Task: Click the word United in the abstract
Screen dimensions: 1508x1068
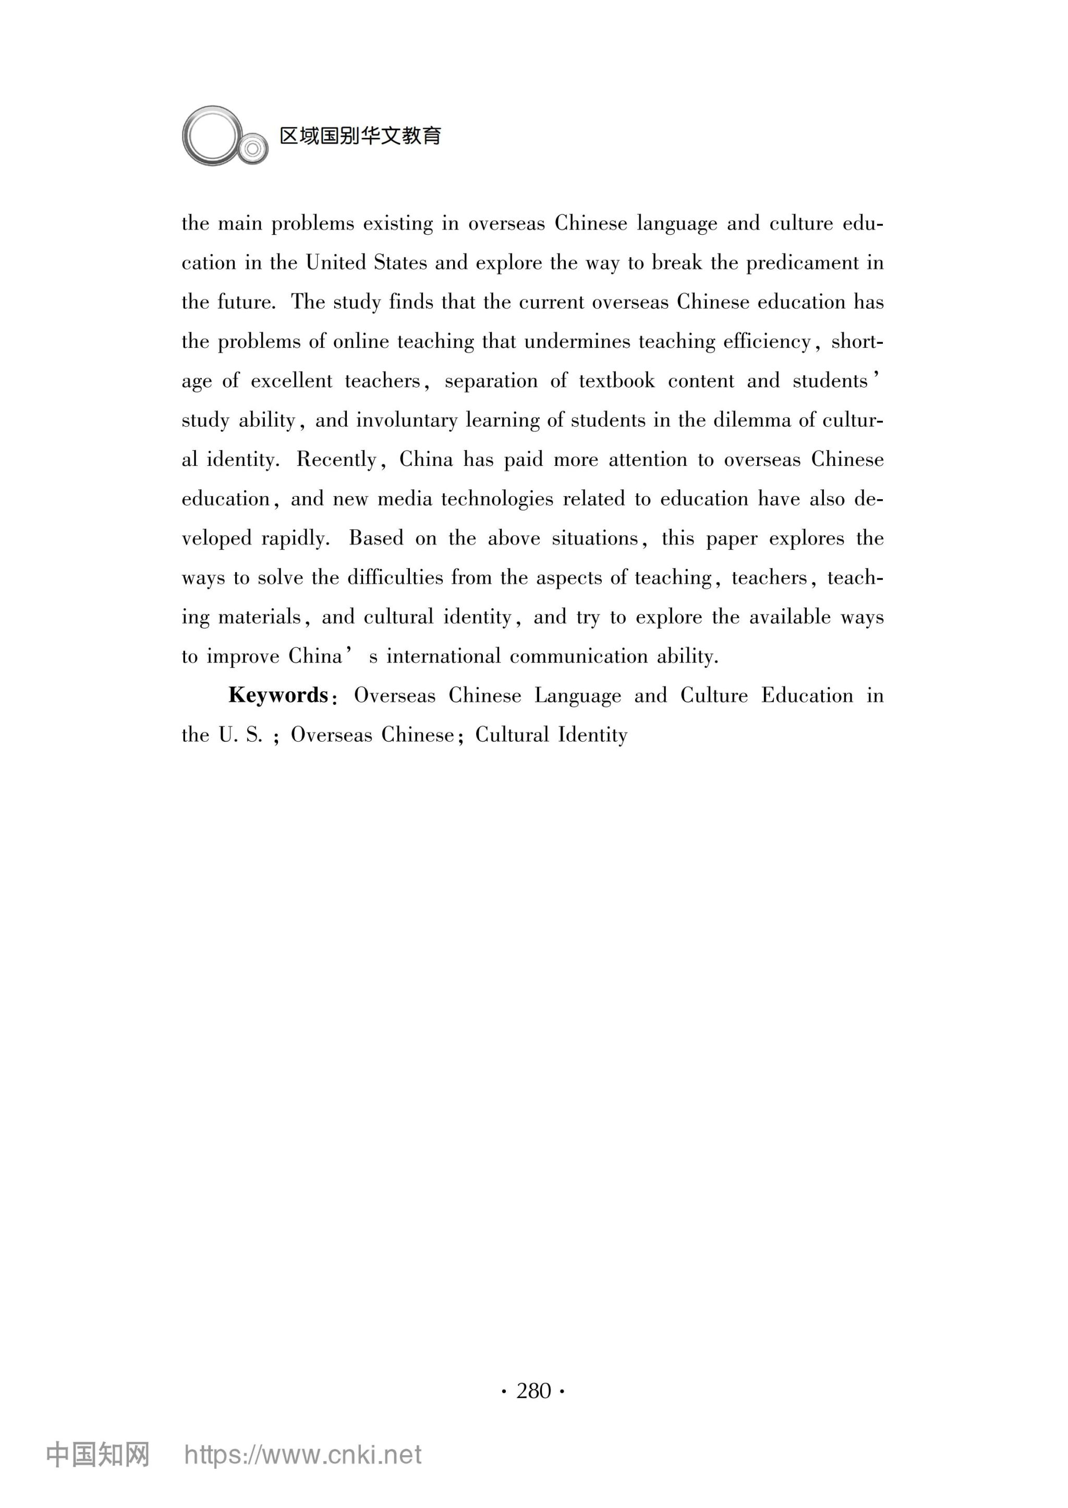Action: point(336,263)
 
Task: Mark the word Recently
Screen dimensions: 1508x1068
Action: point(337,460)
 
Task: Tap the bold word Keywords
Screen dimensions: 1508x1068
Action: point(278,695)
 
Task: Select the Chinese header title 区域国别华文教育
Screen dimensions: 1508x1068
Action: point(360,136)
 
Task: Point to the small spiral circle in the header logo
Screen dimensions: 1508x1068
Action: point(252,148)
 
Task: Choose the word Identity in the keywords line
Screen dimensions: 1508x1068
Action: point(592,734)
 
